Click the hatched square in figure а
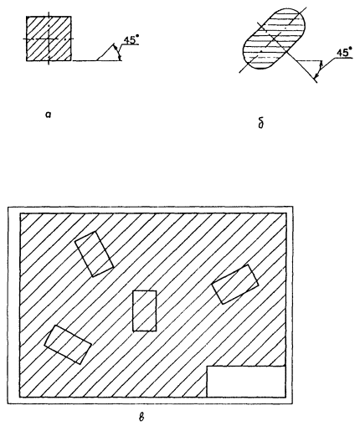[x=49, y=38]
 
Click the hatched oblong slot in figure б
[x=275, y=38]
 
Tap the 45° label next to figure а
[x=131, y=40]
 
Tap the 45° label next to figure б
[x=344, y=53]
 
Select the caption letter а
[x=49, y=114]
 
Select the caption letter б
[x=261, y=123]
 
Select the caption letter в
[x=141, y=418]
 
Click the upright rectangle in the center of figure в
[x=145, y=311]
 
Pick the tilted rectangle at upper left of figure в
[x=94, y=254]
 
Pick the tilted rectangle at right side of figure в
[x=235, y=284]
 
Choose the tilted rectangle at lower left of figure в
[x=68, y=344]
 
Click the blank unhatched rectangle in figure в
[x=246, y=381]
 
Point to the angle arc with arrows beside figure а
[x=118, y=52]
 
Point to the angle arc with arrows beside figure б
[x=319, y=69]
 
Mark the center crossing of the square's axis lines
[x=49, y=38]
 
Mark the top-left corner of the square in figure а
[x=27, y=16]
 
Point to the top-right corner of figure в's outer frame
[x=293, y=207]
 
